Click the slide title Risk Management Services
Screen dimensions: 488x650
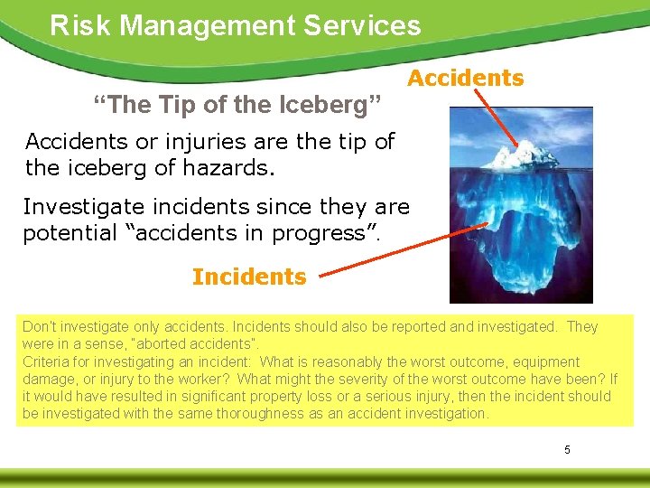[x=236, y=24]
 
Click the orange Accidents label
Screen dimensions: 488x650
[x=465, y=79]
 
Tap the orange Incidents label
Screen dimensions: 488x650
[x=249, y=277]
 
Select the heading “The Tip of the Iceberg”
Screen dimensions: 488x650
[x=239, y=106]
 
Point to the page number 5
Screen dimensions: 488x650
[x=567, y=449]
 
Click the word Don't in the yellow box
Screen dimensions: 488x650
[x=39, y=327]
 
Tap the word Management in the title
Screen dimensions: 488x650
[x=209, y=24]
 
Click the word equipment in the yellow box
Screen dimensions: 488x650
[x=544, y=361]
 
